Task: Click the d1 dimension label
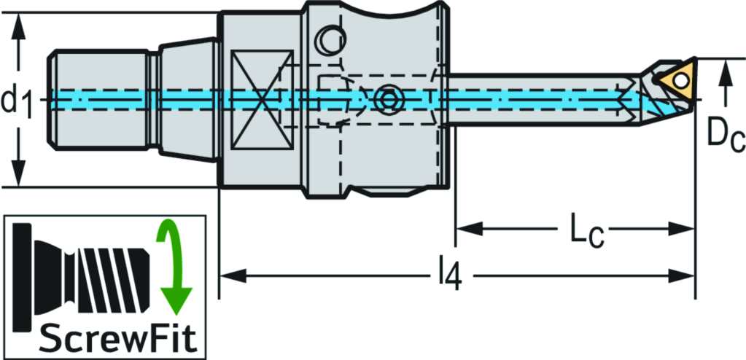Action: click(x=19, y=101)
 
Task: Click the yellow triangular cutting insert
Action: click(x=675, y=78)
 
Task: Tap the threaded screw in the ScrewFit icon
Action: click(x=109, y=273)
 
